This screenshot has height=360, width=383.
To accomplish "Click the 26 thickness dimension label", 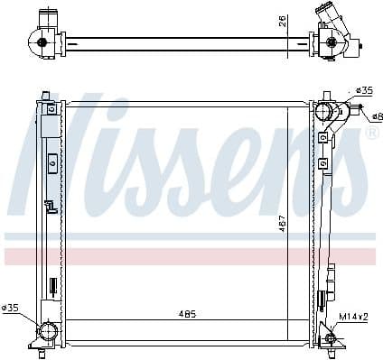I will [x=283, y=21].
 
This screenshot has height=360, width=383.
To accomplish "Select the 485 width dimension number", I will [x=187, y=314].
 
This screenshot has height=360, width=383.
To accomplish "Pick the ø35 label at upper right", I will [x=363, y=90].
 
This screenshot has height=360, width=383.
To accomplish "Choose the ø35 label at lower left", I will [x=11, y=309].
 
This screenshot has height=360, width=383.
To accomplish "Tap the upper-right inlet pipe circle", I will [x=323, y=110].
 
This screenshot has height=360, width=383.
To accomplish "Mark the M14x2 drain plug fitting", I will [x=329, y=337].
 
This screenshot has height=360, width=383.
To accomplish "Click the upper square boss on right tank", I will [x=322, y=138].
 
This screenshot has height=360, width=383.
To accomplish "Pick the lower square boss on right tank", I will [x=322, y=163].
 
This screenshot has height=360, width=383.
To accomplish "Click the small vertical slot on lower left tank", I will [x=51, y=286].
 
